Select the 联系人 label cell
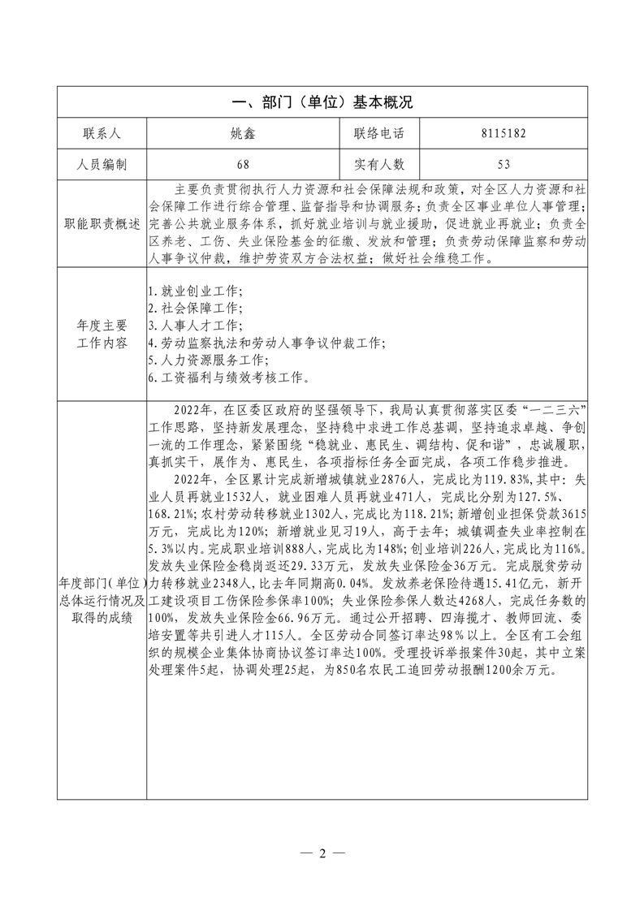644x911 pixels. click(102, 133)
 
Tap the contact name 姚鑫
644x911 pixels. click(242, 133)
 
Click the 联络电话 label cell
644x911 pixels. click(378, 133)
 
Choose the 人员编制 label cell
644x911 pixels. click(102, 164)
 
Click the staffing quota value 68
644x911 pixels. click(242, 164)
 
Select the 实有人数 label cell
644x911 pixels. click(378, 164)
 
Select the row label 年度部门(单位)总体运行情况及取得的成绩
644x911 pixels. click(102, 600)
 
